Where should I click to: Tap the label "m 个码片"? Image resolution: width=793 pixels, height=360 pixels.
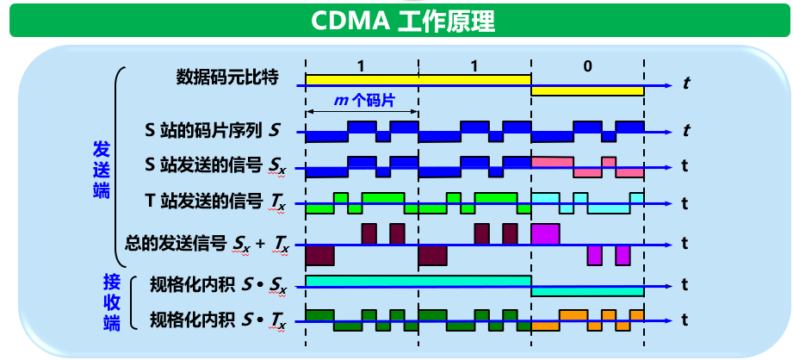pyautogui.click(x=363, y=101)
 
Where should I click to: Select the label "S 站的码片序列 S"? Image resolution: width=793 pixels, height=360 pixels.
pyautogui.click(x=212, y=131)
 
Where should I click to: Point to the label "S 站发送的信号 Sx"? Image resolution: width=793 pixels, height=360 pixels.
pyautogui.click(x=215, y=164)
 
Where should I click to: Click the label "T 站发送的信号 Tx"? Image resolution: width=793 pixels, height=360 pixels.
pyautogui.click(x=215, y=202)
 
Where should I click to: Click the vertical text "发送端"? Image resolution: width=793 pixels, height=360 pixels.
pyautogui.click(x=102, y=168)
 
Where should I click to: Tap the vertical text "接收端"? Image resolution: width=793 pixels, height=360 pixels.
pyautogui.click(x=111, y=301)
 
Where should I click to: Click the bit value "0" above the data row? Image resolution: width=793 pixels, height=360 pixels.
pyautogui.click(x=587, y=65)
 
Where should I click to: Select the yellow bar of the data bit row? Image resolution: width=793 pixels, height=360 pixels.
pyautogui.click(x=418, y=79)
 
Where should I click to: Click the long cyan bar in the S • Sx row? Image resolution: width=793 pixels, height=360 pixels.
pyautogui.click(x=418, y=281)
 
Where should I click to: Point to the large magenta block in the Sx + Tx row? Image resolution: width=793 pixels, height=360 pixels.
pyautogui.click(x=546, y=233)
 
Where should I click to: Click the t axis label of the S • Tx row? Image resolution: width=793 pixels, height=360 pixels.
pyautogui.click(x=685, y=321)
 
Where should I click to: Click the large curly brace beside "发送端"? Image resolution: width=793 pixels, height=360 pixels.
pyautogui.click(x=121, y=168)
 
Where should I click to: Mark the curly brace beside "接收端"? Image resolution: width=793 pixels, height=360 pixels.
pyautogui.click(x=133, y=302)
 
